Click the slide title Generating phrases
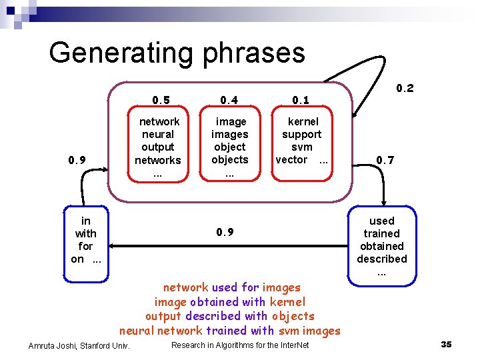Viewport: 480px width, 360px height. [177, 53]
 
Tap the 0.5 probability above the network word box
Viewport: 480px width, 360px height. [161, 101]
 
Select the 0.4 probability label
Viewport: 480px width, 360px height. [229, 101]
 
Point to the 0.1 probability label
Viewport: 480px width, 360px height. [301, 101]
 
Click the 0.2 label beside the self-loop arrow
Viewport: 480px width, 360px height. [405, 88]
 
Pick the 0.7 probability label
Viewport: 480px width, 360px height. [385, 160]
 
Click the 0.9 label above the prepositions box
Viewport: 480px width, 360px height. [77, 160]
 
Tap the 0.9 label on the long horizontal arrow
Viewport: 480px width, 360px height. [225, 233]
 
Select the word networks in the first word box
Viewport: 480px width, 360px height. [158, 160]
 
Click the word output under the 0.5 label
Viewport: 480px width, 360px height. [158, 147]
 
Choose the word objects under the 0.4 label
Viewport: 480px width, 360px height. [229, 160]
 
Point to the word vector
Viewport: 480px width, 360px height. [291, 160]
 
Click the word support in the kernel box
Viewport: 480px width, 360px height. [301, 135]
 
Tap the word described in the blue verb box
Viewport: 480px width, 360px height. [381, 259]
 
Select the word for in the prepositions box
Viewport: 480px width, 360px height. [85, 247]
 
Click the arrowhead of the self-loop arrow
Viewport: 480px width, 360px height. [356, 112]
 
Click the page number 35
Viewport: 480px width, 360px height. [446, 345]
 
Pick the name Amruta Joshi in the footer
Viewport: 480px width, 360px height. [53, 345]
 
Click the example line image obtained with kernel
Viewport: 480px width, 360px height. [229, 302]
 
